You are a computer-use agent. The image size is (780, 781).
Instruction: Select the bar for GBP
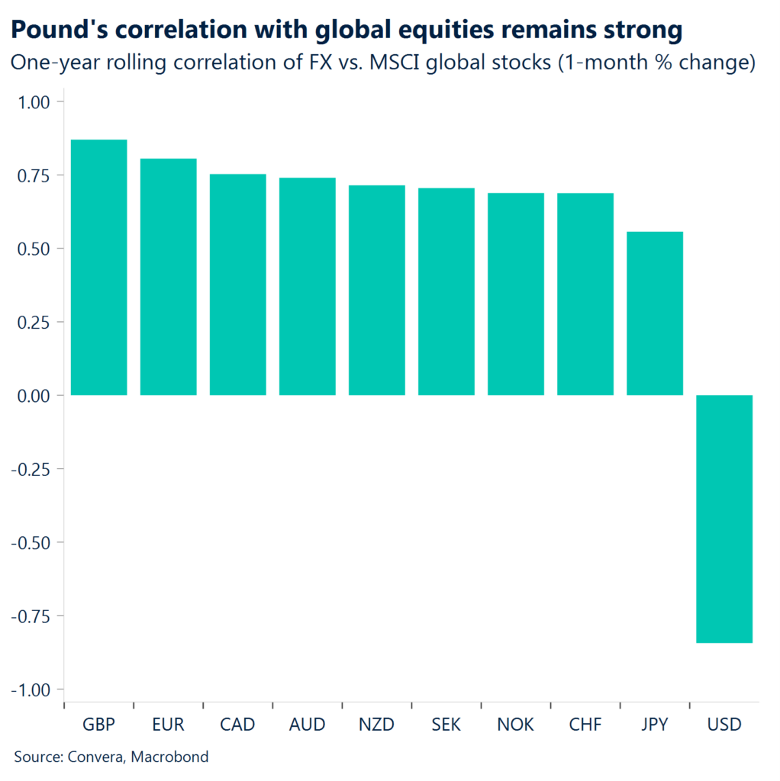pos(98,267)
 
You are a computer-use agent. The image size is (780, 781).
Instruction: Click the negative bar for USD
pos(724,519)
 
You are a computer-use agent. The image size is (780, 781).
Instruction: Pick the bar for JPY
pos(655,313)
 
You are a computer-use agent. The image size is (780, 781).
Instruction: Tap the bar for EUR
pos(168,276)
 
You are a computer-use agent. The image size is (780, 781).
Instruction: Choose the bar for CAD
pos(237,284)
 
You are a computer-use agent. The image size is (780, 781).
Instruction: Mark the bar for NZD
pos(376,290)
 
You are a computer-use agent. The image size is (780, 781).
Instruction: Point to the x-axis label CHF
pos(585,724)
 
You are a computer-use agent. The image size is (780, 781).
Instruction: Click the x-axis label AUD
pos(307,724)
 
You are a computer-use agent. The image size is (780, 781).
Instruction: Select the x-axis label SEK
pos(446,724)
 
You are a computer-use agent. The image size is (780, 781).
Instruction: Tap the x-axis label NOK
pos(515,724)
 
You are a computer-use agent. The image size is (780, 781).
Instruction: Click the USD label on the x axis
pos(724,724)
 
